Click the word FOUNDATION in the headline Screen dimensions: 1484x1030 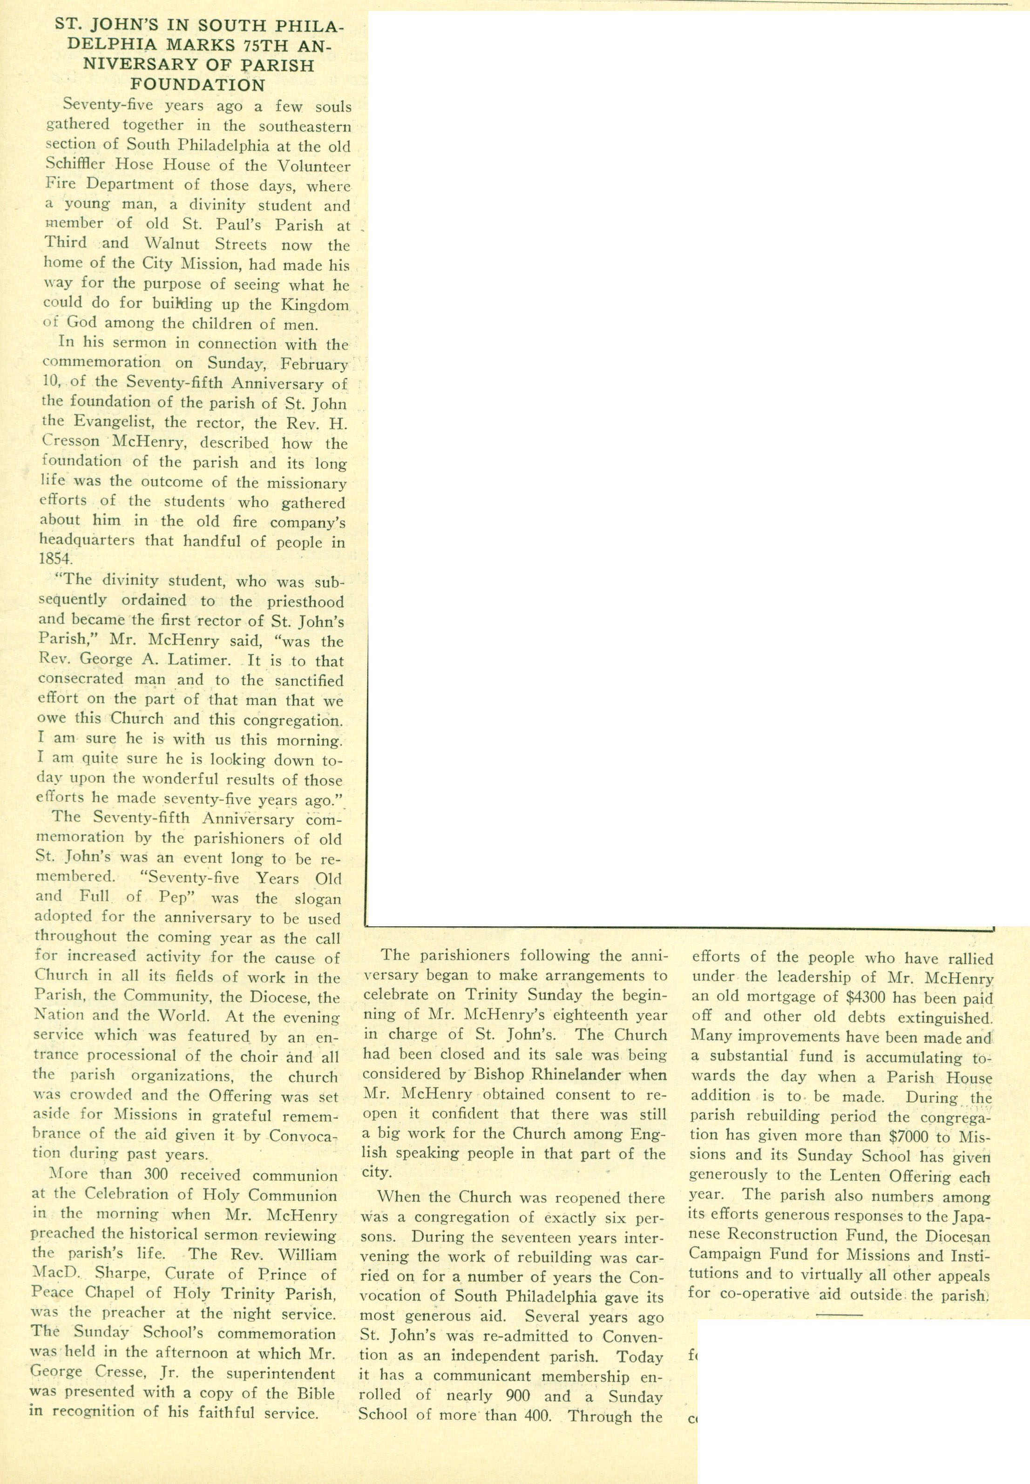[197, 85]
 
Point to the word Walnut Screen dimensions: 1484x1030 [172, 244]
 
